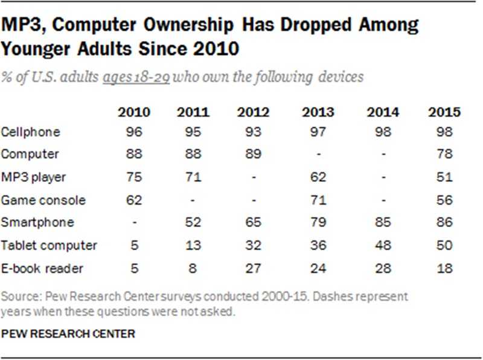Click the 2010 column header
tap(135, 112)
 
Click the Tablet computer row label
tap(49, 246)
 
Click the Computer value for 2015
tap(444, 155)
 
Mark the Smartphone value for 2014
tap(382, 223)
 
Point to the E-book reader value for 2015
tap(444, 269)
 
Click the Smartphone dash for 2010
tap(135, 223)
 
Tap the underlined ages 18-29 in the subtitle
tap(136, 77)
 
